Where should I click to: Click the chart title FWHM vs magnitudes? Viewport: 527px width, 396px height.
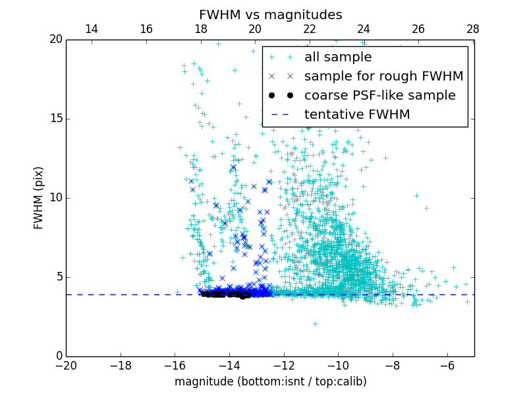[270, 15]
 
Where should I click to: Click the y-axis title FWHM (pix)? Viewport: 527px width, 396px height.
[39, 198]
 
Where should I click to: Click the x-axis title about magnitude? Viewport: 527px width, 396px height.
[270, 381]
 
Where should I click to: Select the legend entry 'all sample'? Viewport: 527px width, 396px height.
[337, 57]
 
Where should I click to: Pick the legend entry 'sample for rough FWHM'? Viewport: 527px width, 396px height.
[383, 77]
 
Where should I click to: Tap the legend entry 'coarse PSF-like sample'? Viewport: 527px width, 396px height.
[379, 96]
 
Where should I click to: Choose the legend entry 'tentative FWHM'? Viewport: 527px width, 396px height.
[356, 115]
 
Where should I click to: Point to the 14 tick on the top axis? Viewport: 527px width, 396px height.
[92, 29]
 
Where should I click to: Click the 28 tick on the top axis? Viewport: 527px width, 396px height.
[472, 29]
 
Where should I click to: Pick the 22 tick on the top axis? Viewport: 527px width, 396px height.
[310, 29]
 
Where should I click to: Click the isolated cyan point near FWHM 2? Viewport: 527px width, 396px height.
[315, 323]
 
